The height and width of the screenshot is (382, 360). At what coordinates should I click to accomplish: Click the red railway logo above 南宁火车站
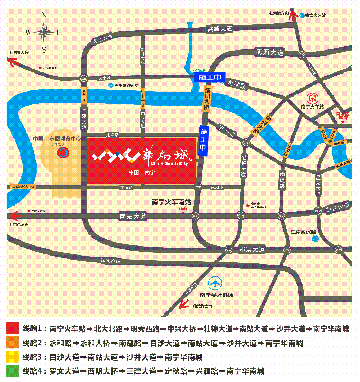pyautogui.click(x=310, y=97)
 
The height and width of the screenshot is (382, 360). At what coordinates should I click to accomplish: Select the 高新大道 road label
pyautogui.click(x=220, y=29)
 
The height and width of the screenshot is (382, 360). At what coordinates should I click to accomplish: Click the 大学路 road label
pyautogui.click(x=237, y=85)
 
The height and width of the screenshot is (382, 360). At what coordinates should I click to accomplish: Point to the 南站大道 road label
pyautogui.click(x=133, y=216)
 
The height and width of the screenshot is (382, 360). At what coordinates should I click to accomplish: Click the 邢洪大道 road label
pyautogui.click(x=251, y=248)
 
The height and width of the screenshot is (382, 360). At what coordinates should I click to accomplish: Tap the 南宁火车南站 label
pyautogui.click(x=172, y=201)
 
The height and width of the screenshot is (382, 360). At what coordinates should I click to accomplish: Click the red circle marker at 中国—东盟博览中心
pyautogui.click(x=64, y=152)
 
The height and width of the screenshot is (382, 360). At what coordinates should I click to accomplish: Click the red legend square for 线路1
pyautogui.click(x=12, y=329)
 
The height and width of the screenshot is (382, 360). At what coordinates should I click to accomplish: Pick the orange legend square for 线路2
pyautogui.click(x=12, y=343)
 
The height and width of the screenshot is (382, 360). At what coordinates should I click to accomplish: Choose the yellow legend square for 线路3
pyautogui.click(x=12, y=357)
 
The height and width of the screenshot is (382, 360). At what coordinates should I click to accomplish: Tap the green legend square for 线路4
pyautogui.click(x=12, y=371)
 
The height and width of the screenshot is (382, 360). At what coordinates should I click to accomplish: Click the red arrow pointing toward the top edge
pyautogui.click(x=292, y=13)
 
